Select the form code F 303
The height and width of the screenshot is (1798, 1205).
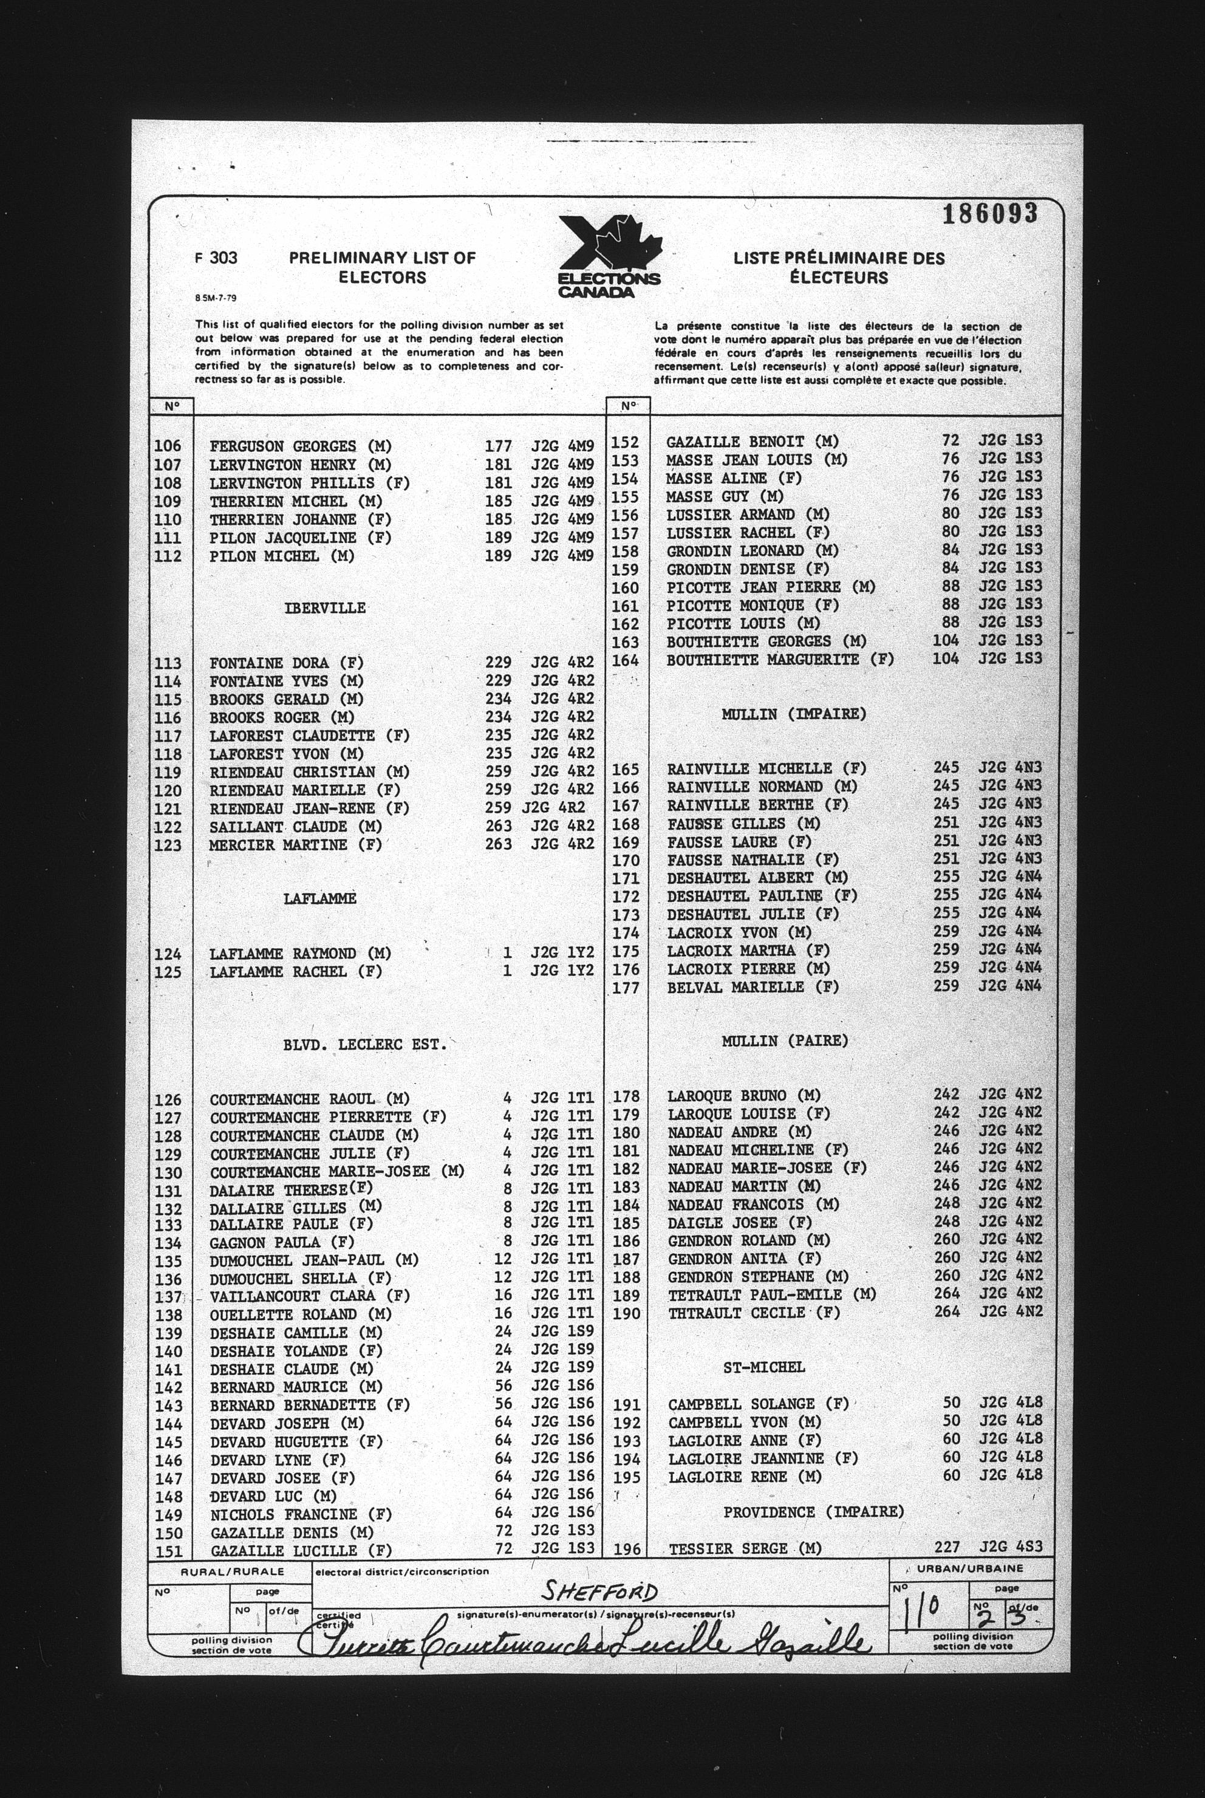click(216, 258)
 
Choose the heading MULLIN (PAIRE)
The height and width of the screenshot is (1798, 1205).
click(785, 1041)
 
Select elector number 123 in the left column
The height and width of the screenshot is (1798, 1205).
click(168, 845)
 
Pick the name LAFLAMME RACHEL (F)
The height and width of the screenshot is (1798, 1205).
click(296, 972)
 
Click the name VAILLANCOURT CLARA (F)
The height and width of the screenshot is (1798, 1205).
click(310, 1296)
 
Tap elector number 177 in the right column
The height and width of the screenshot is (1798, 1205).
click(626, 987)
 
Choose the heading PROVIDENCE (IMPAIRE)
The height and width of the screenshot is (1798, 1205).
click(814, 1512)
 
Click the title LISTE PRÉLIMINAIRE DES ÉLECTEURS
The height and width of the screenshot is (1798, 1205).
click(838, 268)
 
